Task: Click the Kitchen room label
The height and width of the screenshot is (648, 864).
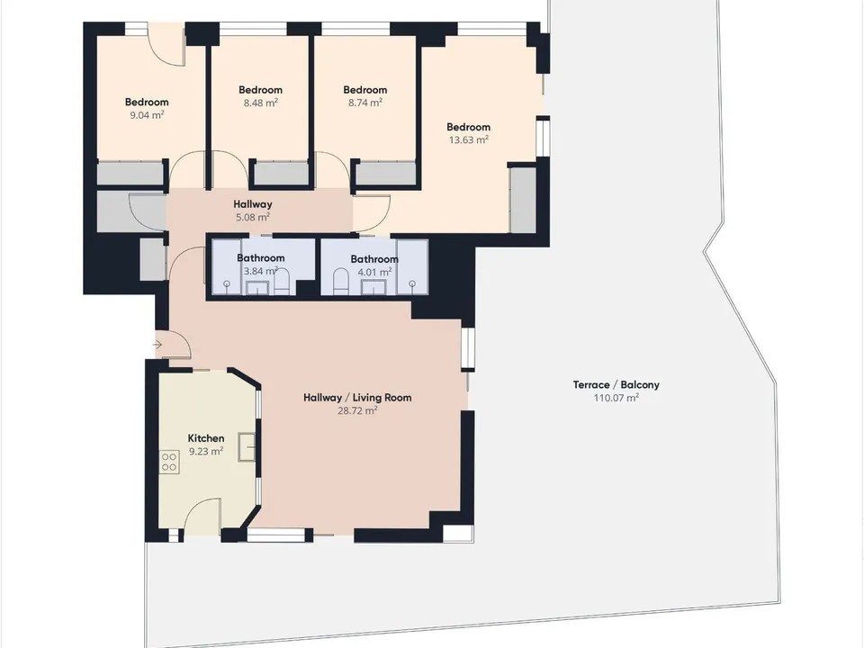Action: pyautogui.click(x=206, y=438)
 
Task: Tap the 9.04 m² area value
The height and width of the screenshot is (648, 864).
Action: pyautogui.click(x=147, y=115)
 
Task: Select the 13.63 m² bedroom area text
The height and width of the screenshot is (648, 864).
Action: pyautogui.click(x=468, y=140)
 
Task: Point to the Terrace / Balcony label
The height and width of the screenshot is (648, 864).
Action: pyautogui.click(x=616, y=384)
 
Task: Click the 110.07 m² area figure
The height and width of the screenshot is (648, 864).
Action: pyautogui.click(x=616, y=398)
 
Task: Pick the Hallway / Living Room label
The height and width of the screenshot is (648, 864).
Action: pyautogui.click(x=357, y=397)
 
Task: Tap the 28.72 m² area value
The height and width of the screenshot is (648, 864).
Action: pyautogui.click(x=357, y=410)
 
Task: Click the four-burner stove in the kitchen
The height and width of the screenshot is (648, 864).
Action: pyautogui.click(x=169, y=463)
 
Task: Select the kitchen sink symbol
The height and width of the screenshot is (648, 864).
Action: pyautogui.click(x=247, y=447)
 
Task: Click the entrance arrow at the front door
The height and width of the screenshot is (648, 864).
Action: pyautogui.click(x=157, y=345)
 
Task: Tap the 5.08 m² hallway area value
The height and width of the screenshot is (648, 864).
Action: pyautogui.click(x=253, y=217)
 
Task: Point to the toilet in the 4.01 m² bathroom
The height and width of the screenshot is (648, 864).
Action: pyautogui.click(x=341, y=282)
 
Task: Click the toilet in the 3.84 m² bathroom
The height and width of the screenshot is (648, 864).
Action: pyautogui.click(x=282, y=282)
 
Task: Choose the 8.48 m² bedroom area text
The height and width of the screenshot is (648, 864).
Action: pyautogui.click(x=261, y=103)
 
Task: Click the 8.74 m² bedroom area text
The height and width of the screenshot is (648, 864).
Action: pyautogui.click(x=365, y=103)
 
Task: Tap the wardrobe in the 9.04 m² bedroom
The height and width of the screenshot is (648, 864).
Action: pyautogui.click(x=130, y=173)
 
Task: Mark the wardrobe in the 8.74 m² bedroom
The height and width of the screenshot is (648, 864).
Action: pyautogui.click(x=386, y=174)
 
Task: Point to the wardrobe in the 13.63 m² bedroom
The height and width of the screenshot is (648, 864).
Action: pyautogui.click(x=523, y=200)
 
